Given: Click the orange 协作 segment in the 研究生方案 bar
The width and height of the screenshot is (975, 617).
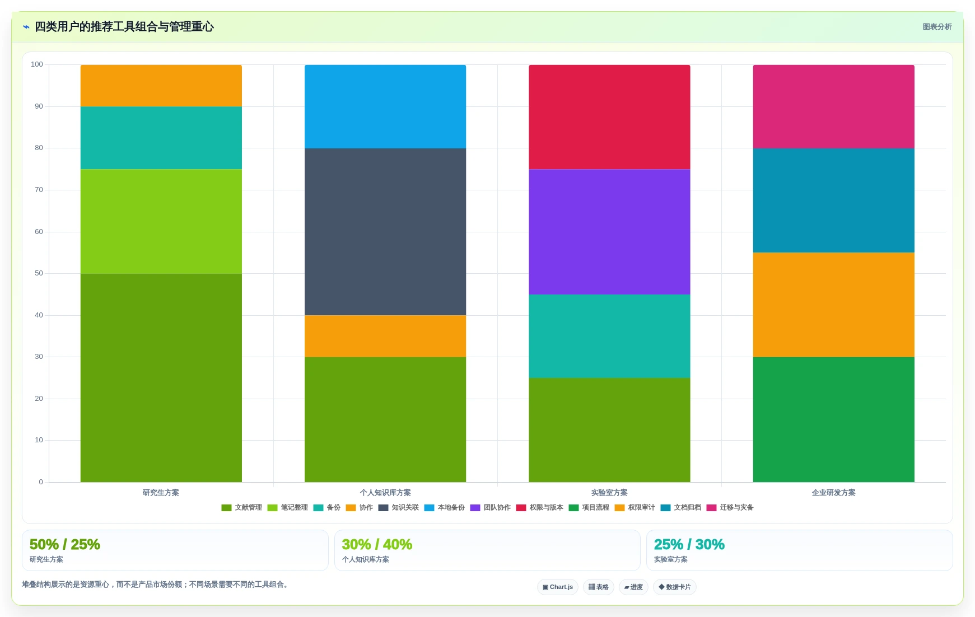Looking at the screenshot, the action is click(x=161, y=86).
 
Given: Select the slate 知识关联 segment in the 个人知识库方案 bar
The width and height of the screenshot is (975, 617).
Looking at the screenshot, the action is click(x=385, y=232).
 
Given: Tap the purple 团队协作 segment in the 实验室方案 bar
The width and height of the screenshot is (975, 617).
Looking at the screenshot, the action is click(x=609, y=232).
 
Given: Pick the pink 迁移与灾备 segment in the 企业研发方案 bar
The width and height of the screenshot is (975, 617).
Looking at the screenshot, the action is click(x=833, y=106).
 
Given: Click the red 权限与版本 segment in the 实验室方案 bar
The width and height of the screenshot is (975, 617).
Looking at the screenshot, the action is click(x=609, y=117).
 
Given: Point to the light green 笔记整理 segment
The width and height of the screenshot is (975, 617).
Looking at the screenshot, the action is click(x=161, y=221).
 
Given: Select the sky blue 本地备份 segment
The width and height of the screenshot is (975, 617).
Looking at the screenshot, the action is click(x=385, y=106).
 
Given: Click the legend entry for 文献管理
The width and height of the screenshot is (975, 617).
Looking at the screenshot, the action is click(x=241, y=508).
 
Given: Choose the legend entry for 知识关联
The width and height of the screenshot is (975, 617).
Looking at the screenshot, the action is click(x=398, y=508).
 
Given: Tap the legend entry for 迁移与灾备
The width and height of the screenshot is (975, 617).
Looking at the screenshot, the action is click(x=730, y=508).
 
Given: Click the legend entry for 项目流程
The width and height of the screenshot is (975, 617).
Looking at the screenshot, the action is click(x=589, y=508).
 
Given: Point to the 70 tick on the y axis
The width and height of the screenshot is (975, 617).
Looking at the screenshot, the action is click(x=39, y=190).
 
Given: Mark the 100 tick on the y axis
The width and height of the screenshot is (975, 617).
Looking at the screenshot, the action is click(x=37, y=64).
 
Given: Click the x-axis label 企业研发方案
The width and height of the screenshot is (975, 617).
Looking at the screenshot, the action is click(x=833, y=493).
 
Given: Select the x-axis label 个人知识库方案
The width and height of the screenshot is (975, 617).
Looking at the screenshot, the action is click(x=385, y=493).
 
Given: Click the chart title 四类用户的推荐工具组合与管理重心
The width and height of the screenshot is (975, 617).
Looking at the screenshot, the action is click(x=124, y=27).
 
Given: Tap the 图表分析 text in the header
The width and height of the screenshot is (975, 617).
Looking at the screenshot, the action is click(x=937, y=27).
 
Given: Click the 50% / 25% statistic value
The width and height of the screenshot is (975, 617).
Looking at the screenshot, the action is click(x=65, y=544).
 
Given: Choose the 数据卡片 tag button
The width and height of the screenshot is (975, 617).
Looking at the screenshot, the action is click(x=675, y=587).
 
